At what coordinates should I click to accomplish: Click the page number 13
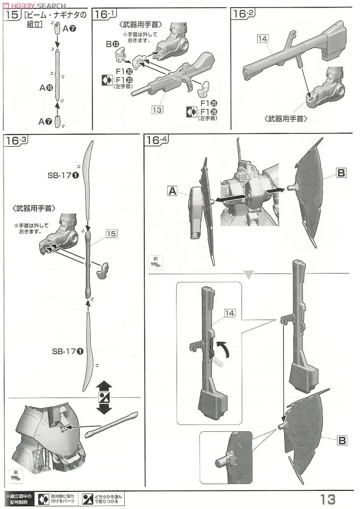pos(328,499)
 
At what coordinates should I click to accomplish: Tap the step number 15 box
pos(12,15)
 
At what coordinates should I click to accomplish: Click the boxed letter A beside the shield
pos(172,191)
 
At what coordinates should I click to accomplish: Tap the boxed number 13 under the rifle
pos(157,110)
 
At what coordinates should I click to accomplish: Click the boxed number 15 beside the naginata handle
pos(112,234)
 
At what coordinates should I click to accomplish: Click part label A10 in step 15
pos(46,88)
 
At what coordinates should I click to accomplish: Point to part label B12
pos(112,44)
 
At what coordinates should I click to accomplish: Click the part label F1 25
pos(208,103)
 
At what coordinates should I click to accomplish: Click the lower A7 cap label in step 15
pos(45,122)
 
